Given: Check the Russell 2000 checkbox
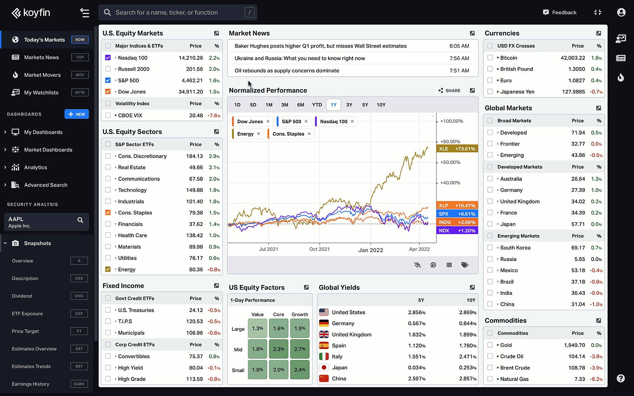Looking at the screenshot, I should point(108,69).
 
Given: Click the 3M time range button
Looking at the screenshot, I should point(285,105).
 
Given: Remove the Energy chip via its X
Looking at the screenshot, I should point(259,134).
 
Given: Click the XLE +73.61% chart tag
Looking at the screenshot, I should point(457,149).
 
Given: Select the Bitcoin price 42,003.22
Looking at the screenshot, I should point(573,58).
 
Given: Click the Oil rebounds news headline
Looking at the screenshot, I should point(287,71).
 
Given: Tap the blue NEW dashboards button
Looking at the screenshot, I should point(77,114).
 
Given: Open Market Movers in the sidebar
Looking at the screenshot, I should point(43,75).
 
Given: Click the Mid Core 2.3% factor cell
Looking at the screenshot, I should point(278,349).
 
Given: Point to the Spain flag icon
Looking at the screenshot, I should point(324,346).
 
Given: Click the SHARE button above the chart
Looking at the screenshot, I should point(449,91).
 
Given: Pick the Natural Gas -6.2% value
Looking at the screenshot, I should point(596,379).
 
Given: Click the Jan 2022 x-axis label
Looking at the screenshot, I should point(371,250).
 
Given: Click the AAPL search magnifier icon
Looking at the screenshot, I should point(80,220).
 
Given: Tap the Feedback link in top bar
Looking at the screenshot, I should point(560,12).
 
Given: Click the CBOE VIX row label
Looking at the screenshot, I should point(130,115).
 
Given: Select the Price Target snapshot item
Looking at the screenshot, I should point(25,331).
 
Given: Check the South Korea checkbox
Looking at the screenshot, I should point(490,248).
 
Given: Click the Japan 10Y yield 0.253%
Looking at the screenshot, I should point(467,368).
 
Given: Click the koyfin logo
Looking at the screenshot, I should point(31,13).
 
